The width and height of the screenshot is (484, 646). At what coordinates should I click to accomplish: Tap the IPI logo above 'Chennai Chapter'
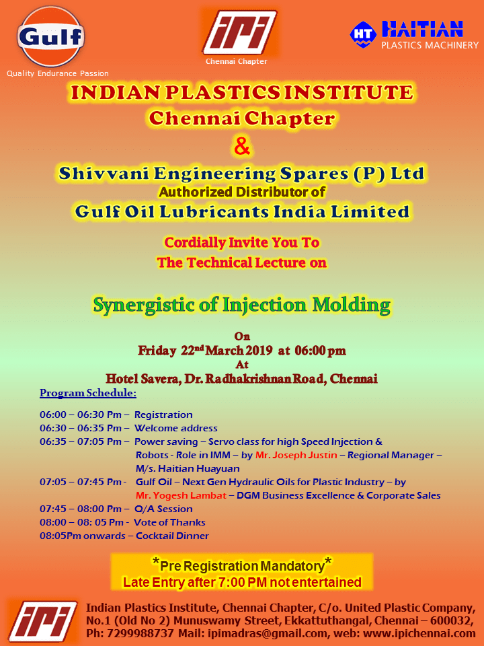coord(240,32)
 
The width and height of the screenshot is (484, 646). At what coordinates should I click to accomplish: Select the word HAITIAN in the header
coord(422,29)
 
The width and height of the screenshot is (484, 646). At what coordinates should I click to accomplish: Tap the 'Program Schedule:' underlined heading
coord(88,393)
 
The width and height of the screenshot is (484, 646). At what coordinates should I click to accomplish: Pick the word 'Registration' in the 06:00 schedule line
coord(163,415)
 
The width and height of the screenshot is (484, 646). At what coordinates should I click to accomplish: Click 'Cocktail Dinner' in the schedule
coord(172,536)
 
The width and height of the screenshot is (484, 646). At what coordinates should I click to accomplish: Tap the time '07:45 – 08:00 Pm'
coord(80,509)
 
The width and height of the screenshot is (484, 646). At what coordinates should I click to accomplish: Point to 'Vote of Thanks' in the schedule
coord(169,522)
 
